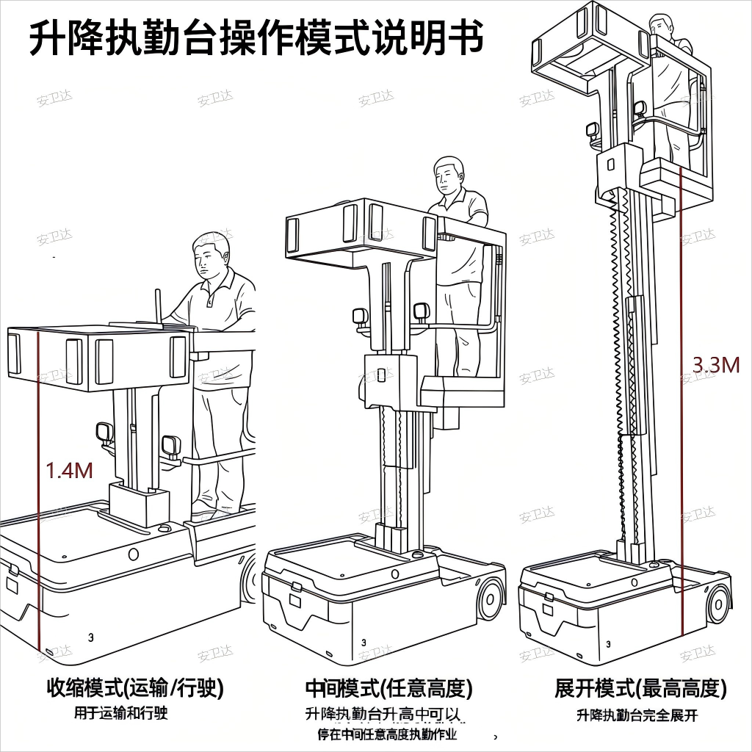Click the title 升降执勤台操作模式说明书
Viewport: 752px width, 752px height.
256,37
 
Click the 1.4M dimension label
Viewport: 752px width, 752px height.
70,471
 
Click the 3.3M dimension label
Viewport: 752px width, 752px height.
716,365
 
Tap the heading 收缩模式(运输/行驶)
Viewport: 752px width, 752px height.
135,688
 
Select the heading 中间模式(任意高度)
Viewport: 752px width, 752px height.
388,688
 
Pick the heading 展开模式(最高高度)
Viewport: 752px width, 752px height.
640,688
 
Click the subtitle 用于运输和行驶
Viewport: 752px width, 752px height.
121,712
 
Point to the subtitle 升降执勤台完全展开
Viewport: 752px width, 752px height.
637,715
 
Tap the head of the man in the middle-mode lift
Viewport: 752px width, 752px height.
449,174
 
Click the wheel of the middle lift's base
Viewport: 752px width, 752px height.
490,599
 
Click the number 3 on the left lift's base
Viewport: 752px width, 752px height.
90,637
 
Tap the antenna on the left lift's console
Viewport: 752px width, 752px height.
157,305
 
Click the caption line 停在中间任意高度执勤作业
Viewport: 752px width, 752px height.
387,734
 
